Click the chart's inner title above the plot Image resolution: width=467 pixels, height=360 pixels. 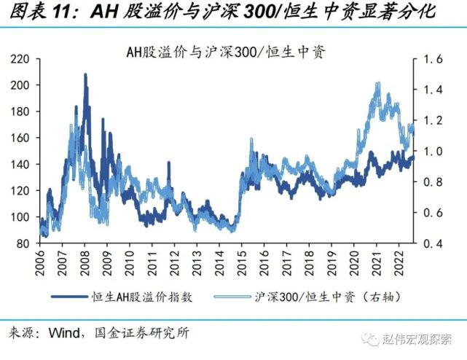pos(225,52)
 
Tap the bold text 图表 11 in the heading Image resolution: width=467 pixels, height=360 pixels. pos(45,12)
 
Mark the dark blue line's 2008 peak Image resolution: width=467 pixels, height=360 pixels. pos(85,74)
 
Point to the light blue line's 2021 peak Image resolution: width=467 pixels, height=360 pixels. pos(377,83)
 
